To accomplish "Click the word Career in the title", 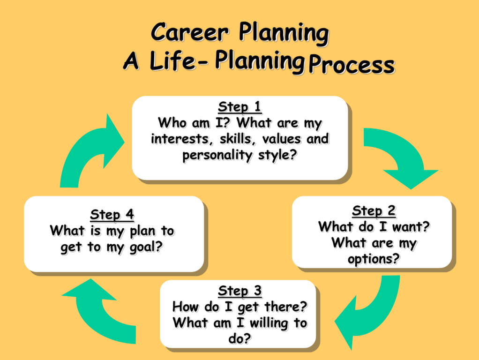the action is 190,32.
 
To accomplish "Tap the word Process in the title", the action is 352,65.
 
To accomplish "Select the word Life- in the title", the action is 179,61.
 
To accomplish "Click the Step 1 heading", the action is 240,107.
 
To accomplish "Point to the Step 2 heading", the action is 374,211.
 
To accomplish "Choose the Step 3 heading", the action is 240,291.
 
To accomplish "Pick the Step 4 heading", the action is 112,215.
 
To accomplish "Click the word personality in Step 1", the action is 217,155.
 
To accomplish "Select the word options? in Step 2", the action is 374,259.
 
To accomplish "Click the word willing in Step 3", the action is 269,323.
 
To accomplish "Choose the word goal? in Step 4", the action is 146,247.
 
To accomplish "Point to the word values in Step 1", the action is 281,139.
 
